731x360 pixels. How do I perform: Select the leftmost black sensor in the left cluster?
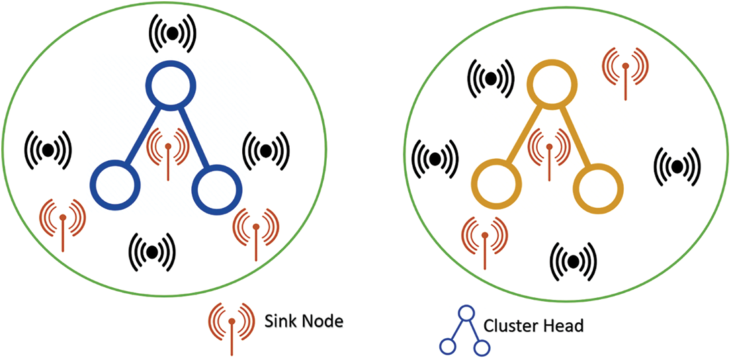[48, 150]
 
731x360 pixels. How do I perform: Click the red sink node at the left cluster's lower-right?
[255, 228]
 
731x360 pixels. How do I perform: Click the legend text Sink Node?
[303, 322]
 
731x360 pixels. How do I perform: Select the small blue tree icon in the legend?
[464, 329]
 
